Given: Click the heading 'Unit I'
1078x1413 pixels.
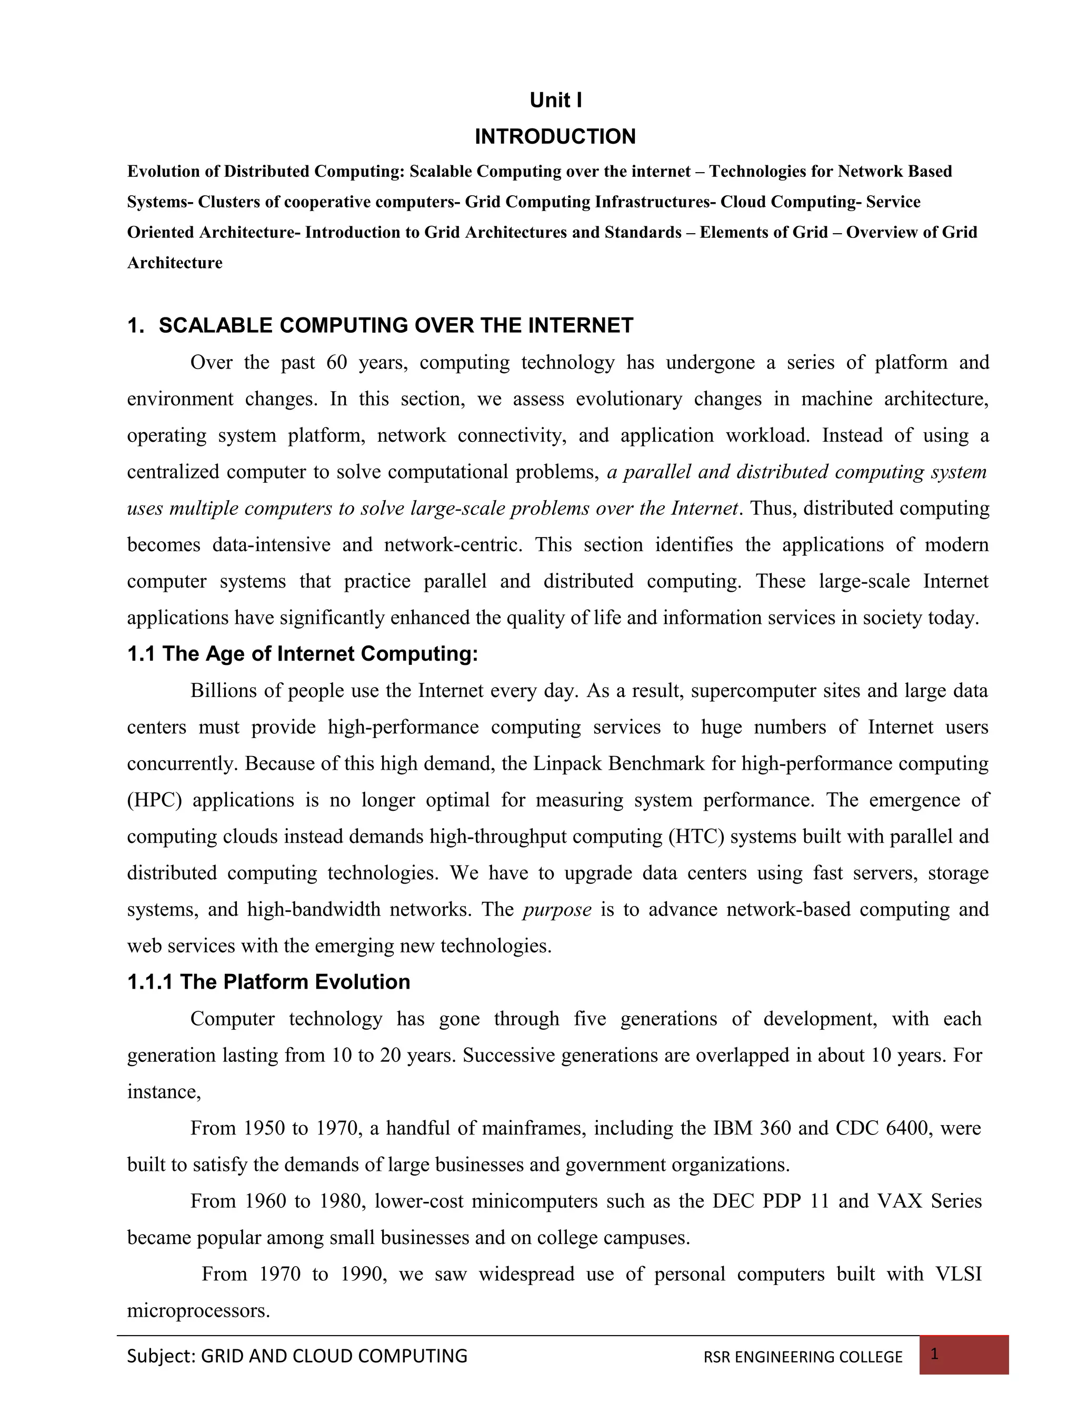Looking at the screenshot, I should click(556, 101).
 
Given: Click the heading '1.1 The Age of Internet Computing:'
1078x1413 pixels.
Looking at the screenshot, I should click(302, 654).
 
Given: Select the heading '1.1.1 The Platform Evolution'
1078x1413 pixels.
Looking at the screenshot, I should click(268, 982).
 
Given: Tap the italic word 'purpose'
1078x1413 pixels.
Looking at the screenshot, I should click(557, 910).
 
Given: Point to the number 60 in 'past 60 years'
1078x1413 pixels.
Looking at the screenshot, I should click(336, 363).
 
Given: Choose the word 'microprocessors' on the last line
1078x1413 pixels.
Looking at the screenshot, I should click(197, 1310).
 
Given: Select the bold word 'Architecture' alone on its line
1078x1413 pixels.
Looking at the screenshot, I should click(175, 263).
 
